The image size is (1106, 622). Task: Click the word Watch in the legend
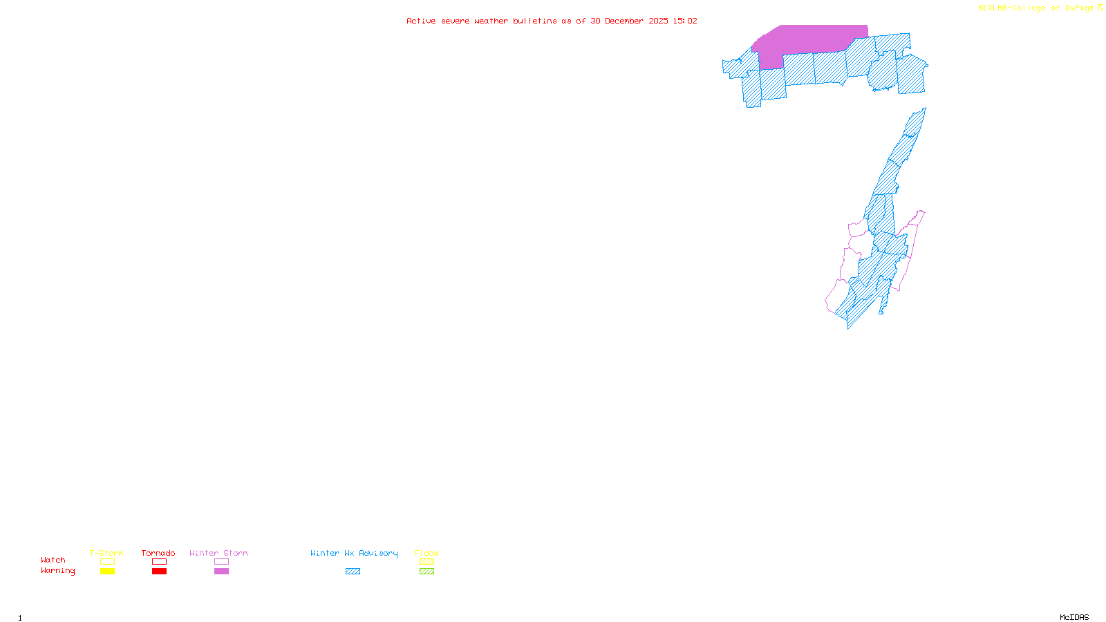pos(53,560)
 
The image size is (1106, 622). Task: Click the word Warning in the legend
pos(57,571)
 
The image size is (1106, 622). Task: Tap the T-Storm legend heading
pos(106,553)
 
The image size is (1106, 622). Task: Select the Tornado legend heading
pos(158,553)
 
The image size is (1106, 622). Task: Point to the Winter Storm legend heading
pos(218,553)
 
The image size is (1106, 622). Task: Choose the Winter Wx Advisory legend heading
pos(354,553)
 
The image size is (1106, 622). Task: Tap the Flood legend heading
pos(427,553)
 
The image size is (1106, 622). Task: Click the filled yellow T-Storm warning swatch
pos(107,572)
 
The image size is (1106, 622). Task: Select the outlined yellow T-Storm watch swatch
pos(107,562)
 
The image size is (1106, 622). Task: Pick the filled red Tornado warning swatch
pos(159,572)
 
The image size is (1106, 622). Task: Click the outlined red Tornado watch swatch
pos(159,562)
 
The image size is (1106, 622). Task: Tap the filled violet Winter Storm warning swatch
pos(221,572)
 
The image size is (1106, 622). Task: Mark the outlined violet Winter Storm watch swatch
pos(221,562)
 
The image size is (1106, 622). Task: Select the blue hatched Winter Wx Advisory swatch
pos(353,572)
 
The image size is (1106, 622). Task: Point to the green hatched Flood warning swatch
pos(427,572)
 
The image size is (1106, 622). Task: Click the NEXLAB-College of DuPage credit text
pos(1036,8)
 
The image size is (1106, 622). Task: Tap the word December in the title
pos(624,21)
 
